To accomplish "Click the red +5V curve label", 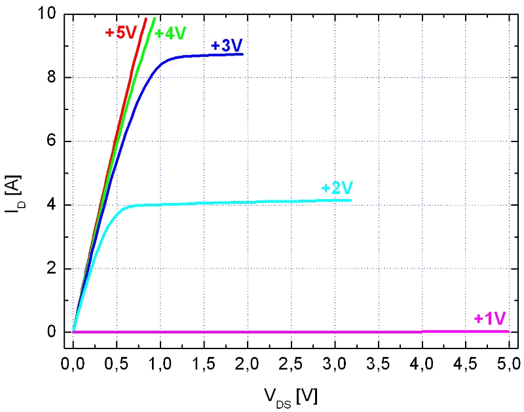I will click(x=121, y=33).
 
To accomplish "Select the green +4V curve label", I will click(x=171, y=33).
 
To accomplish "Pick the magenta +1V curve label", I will click(x=489, y=319).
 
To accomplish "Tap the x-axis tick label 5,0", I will click(x=508, y=362).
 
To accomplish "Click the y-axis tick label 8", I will click(x=56, y=78).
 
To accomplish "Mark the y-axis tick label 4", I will click(x=56, y=205).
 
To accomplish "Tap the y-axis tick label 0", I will click(x=56, y=332).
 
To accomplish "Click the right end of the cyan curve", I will click(x=351, y=200).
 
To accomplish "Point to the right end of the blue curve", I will click(x=242, y=54).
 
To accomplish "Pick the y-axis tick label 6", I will click(x=56, y=141).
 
